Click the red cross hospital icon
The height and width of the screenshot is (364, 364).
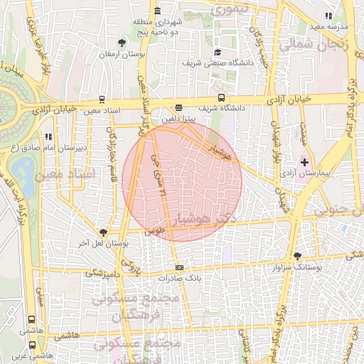point(305,163)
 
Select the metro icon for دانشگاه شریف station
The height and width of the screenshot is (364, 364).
point(221,98)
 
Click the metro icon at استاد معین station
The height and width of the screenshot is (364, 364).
point(102,100)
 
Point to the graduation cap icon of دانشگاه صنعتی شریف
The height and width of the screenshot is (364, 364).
point(218,52)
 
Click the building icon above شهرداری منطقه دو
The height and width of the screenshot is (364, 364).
point(156,11)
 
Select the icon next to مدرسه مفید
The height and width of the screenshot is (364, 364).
point(328,15)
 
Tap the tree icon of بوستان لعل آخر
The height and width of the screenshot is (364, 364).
point(104,232)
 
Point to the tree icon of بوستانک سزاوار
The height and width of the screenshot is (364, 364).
point(297,256)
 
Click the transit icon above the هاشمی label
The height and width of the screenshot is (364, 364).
point(31,321)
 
